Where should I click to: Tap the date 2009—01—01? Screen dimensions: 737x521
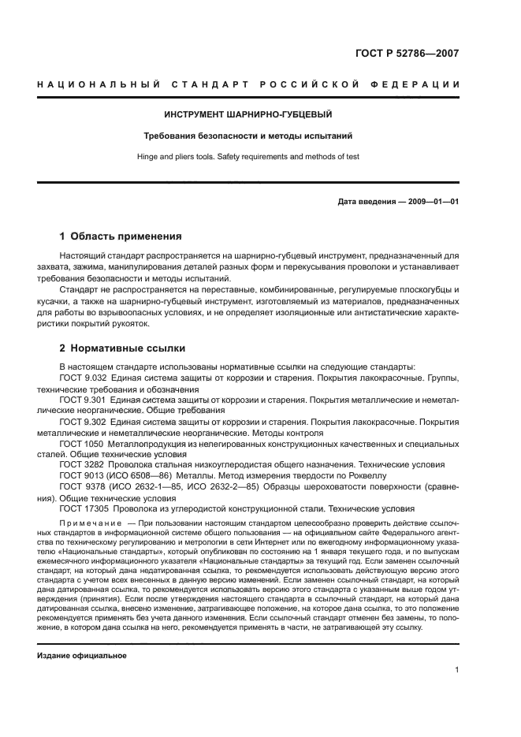click(x=433, y=202)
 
